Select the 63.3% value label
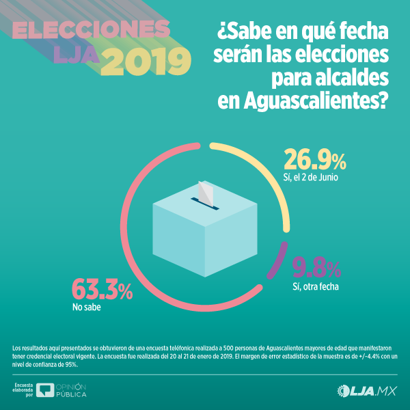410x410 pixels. (102, 290)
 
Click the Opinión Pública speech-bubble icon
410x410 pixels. (46, 391)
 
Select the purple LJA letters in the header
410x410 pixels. (77, 59)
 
